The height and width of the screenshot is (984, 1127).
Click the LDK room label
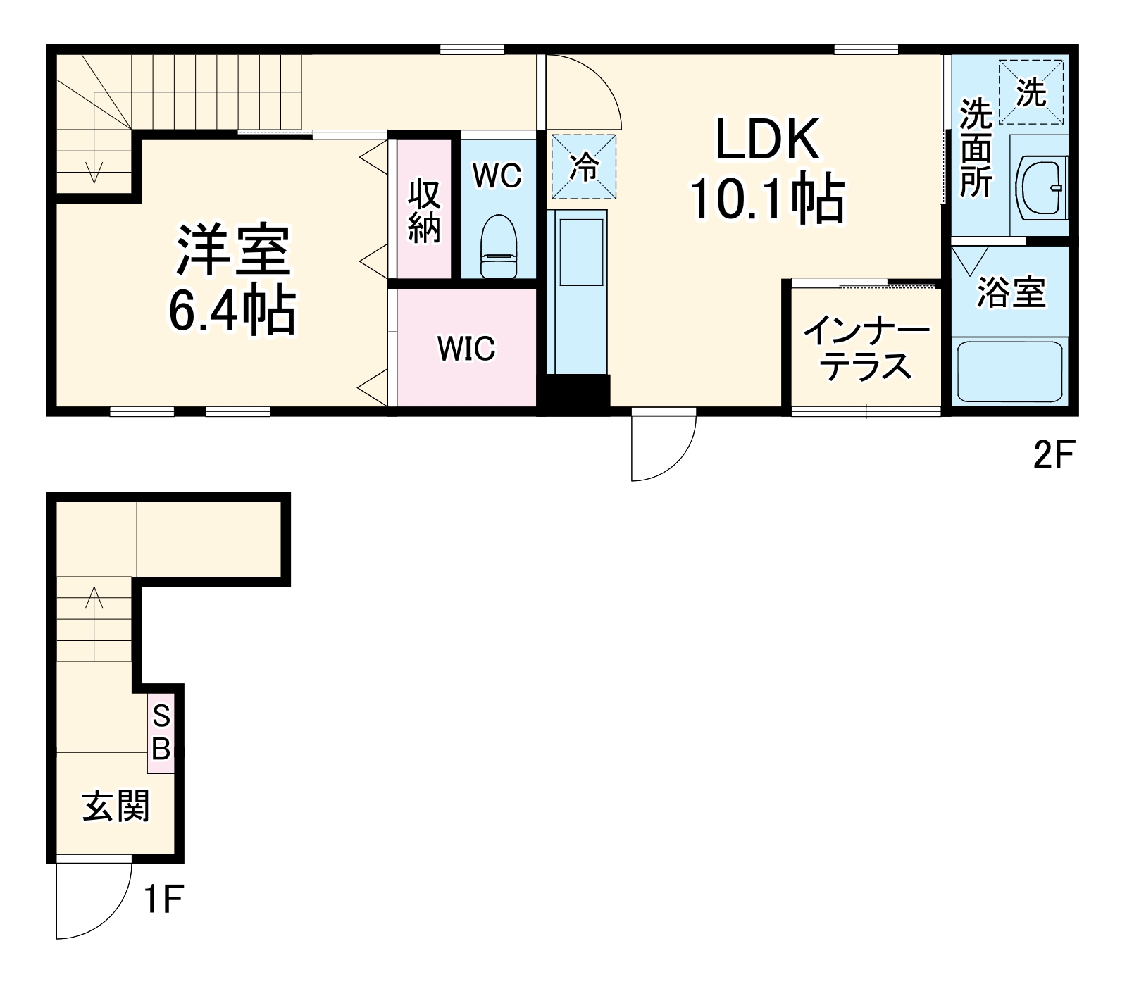(x=767, y=139)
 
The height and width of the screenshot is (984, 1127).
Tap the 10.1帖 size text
(x=767, y=199)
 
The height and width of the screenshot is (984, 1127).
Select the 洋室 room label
(x=233, y=250)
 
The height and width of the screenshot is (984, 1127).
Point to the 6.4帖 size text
(x=233, y=311)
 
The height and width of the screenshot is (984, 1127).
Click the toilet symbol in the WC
(x=498, y=247)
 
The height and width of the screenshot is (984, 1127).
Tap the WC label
(x=497, y=175)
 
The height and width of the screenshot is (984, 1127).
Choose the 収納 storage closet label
(x=424, y=211)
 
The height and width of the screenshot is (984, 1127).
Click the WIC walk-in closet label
(x=466, y=348)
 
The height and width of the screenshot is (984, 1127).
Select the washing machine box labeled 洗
(x=1031, y=92)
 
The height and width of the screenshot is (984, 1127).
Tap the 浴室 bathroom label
(x=1010, y=292)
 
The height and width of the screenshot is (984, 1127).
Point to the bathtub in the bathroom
(x=1007, y=372)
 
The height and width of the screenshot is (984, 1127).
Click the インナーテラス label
(x=866, y=349)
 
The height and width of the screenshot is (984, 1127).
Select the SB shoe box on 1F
(x=161, y=733)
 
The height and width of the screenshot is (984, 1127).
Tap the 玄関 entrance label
(x=116, y=806)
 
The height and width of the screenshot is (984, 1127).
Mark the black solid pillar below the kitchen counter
(x=577, y=394)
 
